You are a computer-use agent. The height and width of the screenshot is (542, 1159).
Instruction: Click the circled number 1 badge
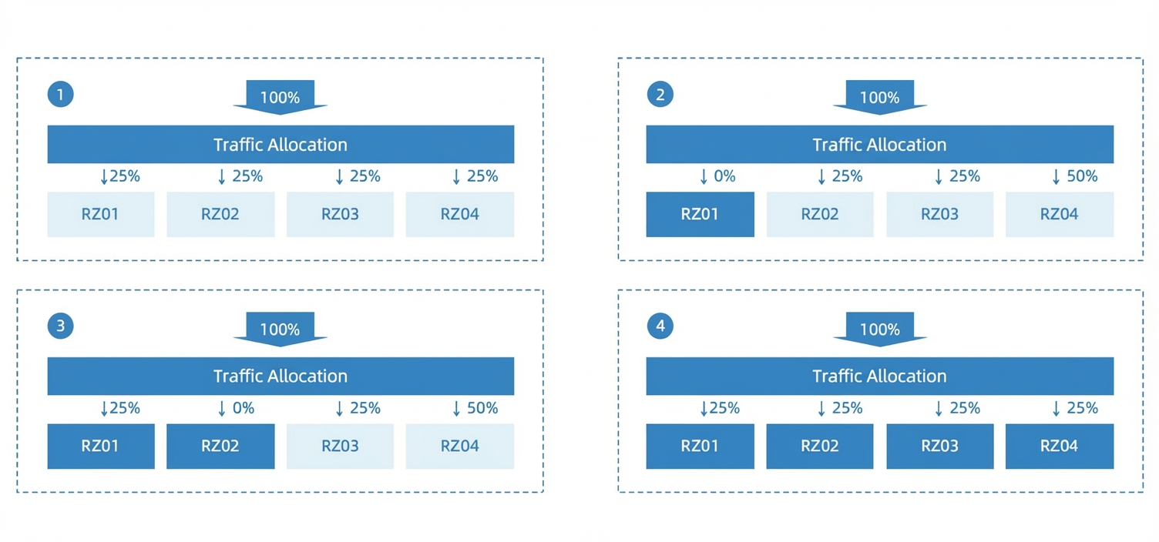(61, 94)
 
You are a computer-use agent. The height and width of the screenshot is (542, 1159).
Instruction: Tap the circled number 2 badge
(660, 94)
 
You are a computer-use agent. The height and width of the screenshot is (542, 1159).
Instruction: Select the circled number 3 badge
(61, 326)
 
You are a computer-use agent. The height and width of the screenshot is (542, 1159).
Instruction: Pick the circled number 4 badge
(660, 326)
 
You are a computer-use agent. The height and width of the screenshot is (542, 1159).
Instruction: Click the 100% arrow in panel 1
(280, 97)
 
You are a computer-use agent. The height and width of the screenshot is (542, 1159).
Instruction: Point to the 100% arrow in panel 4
(879, 330)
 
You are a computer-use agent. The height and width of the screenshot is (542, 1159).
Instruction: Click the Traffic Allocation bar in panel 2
(879, 144)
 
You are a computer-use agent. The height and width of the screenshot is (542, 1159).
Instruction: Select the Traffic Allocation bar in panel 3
(281, 376)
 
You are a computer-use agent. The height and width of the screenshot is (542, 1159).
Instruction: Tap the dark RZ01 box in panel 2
(700, 215)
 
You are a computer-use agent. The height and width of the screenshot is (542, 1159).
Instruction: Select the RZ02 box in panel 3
(220, 447)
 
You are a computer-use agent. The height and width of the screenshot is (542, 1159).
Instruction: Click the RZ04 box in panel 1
(460, 215)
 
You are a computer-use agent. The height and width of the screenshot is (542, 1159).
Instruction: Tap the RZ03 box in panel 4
(939, 447)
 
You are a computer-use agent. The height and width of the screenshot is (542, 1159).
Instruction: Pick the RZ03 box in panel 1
(340, 215)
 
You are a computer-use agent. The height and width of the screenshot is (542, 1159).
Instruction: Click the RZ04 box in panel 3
(460, 447)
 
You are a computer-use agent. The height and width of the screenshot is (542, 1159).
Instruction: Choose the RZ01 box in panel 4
(700, 447)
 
